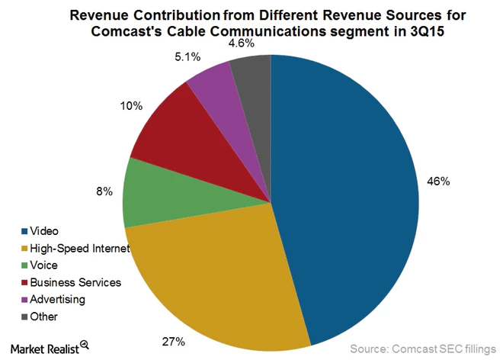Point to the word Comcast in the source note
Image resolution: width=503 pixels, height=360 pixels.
tap(420, 349)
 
